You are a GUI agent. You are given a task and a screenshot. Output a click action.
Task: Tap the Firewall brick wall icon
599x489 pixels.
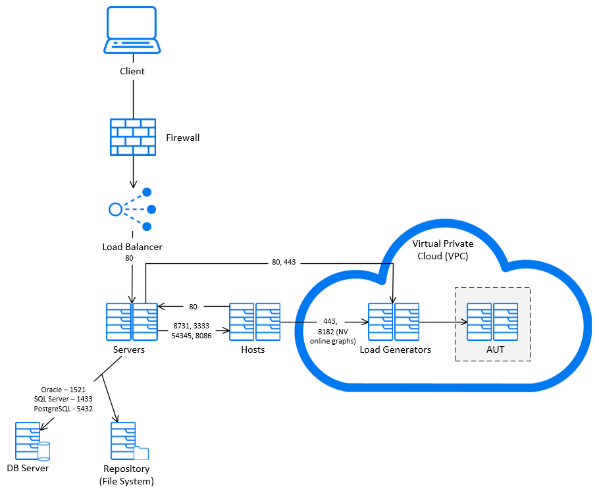click(x=132, y=137)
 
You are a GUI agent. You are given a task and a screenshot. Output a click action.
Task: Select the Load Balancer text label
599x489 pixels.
click(x=132, y=247)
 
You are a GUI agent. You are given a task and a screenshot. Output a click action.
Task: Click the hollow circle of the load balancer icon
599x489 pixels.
click(x=116, y=209)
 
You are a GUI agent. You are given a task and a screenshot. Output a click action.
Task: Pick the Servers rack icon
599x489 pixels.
click(x=132, y=322)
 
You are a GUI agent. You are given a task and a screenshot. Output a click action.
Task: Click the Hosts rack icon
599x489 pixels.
click(x=255, y=322)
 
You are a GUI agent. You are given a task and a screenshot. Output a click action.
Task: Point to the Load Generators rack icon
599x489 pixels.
click(x=394, y=322)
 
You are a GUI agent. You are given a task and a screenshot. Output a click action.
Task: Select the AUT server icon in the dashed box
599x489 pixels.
click(x=492, y=322)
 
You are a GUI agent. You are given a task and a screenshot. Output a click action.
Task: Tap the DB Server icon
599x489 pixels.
click(x=32, y=441)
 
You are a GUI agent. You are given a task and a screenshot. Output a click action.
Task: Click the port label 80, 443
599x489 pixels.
click(x=284, y=262)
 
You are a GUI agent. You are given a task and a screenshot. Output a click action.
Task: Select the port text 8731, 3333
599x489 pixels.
click(x=191, y=326)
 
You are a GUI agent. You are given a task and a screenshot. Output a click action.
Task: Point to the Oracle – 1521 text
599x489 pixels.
click(x=63, y=390)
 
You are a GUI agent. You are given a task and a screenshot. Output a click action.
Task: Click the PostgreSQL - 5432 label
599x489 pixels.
click(x=63, y=409)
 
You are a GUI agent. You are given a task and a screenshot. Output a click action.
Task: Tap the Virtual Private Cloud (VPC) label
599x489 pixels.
click(x=442, y=249)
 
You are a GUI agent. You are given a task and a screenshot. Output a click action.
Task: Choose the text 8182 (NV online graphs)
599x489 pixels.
click(x=333, y=336)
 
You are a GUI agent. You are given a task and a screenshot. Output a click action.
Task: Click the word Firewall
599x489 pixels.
click(x=182, y=138)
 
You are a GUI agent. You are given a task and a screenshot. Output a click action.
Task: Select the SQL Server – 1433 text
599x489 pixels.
click(x=63, y=399)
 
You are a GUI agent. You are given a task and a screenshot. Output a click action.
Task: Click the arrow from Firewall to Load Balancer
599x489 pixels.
click(x=132, y=172)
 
